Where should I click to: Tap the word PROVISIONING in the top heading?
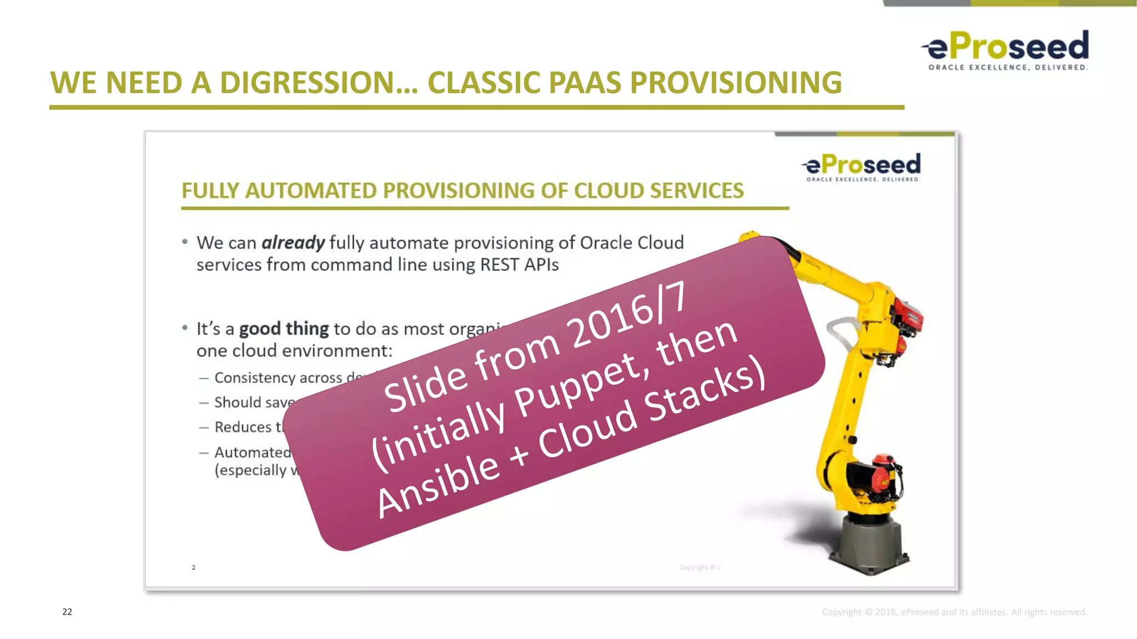click(x=736, y=83)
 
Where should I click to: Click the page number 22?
click(x=67, y=612)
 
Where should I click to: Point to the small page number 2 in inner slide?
click(x=194, y=567)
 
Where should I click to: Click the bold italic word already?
click(x=293, y=243)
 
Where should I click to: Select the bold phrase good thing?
click(x=284, y=329)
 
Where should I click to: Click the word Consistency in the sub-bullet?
click(x=254, y=378)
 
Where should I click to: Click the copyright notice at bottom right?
click(x=954, y=612)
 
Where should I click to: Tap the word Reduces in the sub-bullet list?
click(x=243, y=427)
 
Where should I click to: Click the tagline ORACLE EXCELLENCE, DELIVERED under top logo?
click(x=1008, y=68)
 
